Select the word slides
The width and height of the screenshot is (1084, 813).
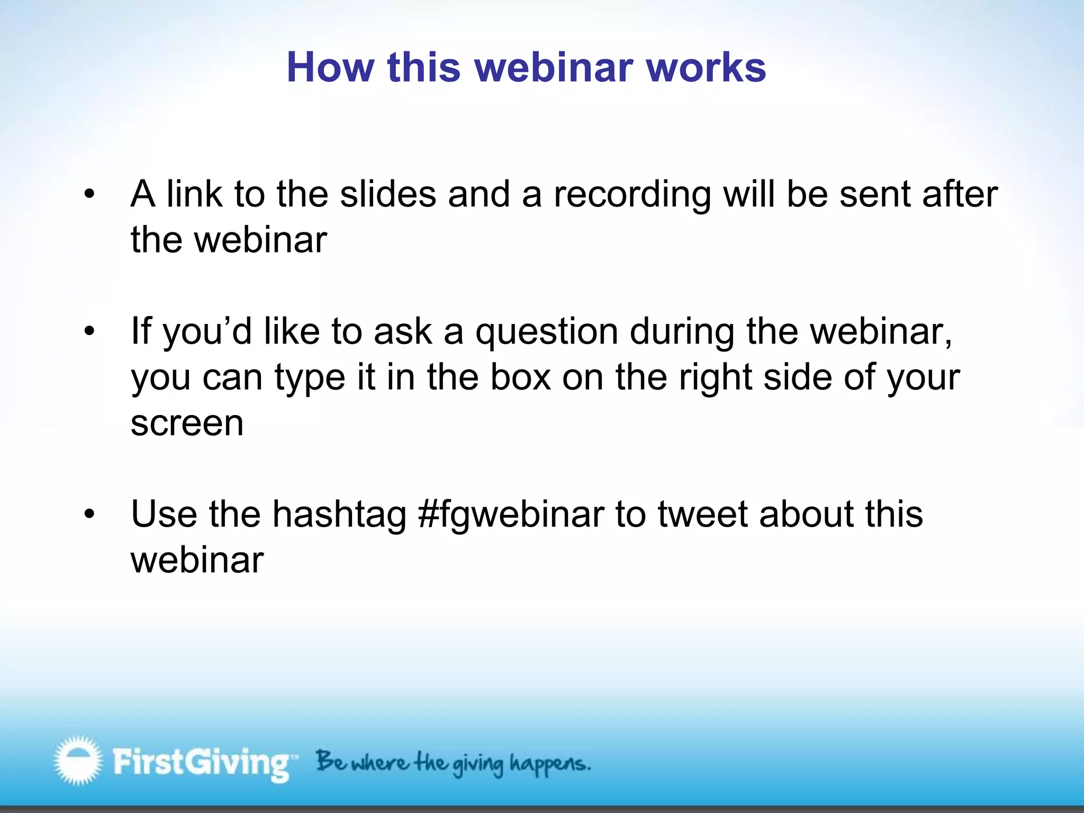tap(388, 194)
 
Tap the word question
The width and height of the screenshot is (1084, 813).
tap(547, 332)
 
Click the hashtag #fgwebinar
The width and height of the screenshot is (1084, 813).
tap(511, 514)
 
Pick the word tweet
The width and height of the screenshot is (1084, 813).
tap(703, 514)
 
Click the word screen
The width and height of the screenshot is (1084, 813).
tap(187, 423)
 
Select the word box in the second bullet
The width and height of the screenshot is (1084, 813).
tap(521, 377)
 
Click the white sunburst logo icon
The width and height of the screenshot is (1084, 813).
tap(78, 761)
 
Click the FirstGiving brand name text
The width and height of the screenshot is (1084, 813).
tap(201, 763)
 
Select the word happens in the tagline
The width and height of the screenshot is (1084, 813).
tap(549, 764)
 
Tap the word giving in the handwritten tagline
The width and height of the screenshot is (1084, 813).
tap(478, 765)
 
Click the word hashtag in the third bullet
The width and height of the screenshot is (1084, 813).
tap(339, 514)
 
